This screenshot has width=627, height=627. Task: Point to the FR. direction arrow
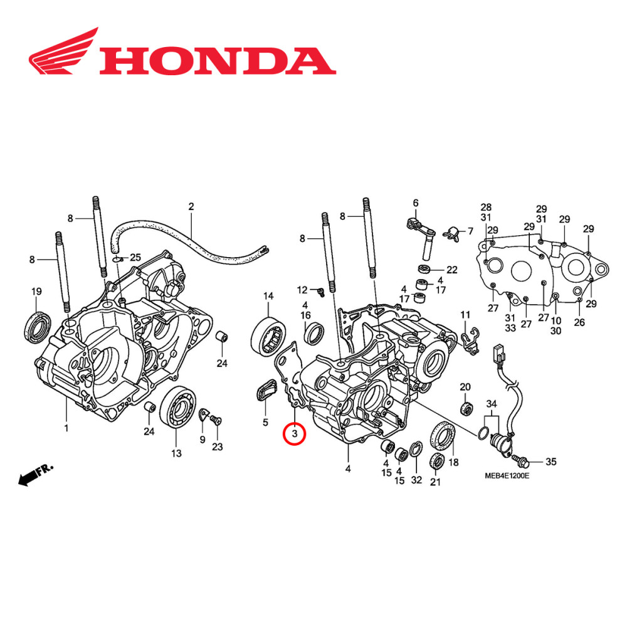pos(36,475)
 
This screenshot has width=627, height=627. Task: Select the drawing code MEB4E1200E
pos(506,476)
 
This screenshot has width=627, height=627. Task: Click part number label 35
pos(550,463)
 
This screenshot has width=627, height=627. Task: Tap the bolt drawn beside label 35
pos(524,463)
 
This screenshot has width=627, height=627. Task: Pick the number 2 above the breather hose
pos(191,206)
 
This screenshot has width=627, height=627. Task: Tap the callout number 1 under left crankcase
pos(66,428)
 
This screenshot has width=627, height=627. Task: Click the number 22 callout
pos(451,270)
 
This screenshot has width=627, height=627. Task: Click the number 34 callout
pos(491,403)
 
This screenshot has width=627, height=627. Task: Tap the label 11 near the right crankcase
pos(465,314)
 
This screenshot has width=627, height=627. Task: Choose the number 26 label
pos(579,322)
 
